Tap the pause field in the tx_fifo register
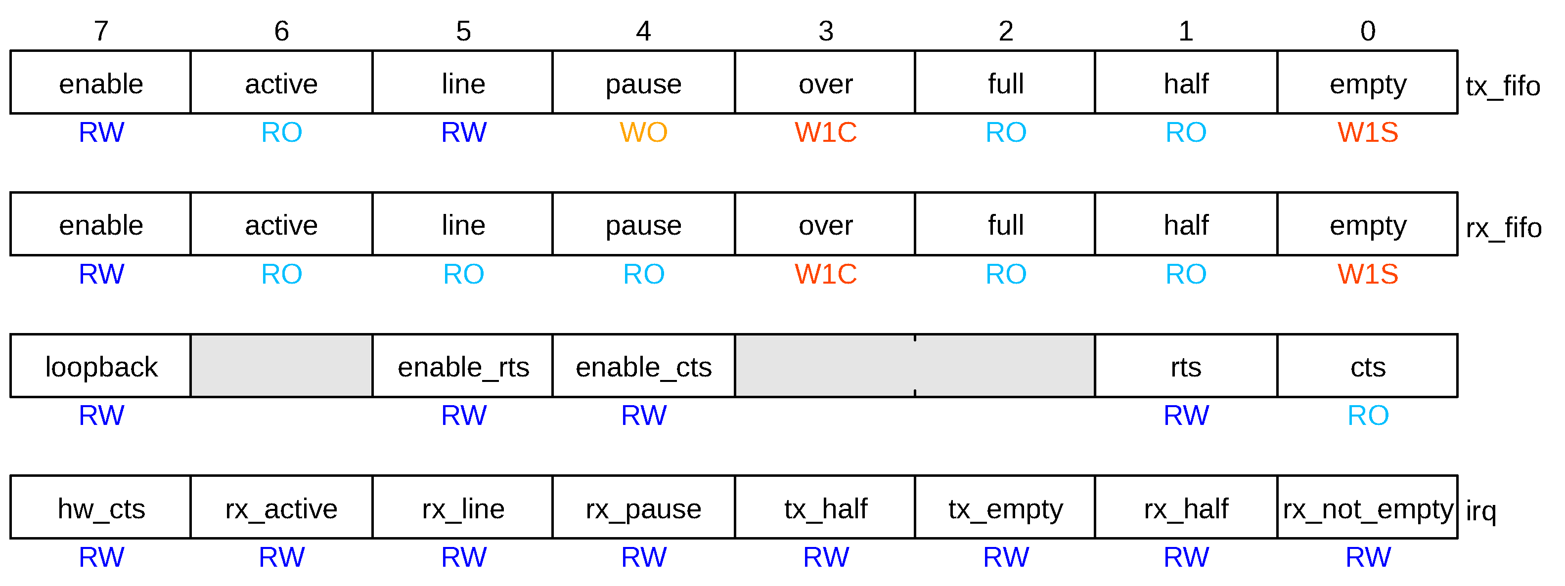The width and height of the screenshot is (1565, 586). (643, 83)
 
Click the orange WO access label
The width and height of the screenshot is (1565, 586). (643, 132)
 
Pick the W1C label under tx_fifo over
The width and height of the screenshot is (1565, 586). (825, 132)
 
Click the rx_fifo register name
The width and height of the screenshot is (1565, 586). (1503, 228)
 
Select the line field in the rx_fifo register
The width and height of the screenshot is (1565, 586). (463, 225)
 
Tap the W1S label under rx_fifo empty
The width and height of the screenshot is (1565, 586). (1368, 274)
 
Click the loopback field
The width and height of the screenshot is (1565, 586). (101, 367)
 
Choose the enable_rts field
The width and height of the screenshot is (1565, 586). (463, 367)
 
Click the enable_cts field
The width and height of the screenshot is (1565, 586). (643, 367)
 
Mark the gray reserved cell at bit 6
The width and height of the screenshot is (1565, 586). (281, 366)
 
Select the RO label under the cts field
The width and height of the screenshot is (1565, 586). (1368, 416)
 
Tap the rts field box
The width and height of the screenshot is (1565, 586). (1185, 367)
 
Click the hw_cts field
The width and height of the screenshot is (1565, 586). (101, 508)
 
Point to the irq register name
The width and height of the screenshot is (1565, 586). (1480, 511)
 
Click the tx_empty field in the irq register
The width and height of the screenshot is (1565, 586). (1005, 508)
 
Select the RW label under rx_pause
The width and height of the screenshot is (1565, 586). (643, 557)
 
